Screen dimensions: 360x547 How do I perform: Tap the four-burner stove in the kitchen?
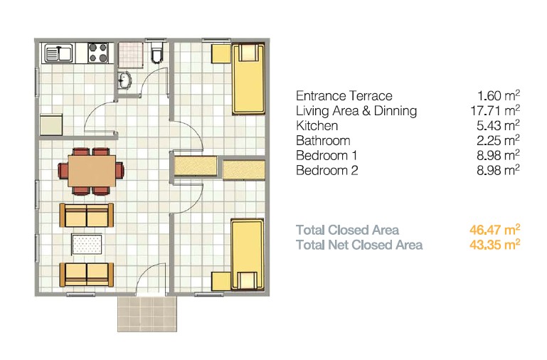tap(98, 52)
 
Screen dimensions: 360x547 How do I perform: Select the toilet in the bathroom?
tap(159, 53)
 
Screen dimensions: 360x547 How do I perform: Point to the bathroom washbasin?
tap(126, 82)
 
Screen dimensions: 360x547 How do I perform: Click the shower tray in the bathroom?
tap(129, 53)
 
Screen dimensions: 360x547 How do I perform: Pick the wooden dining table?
tap(90, 171)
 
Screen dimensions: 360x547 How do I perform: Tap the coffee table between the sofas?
tap(87, 244)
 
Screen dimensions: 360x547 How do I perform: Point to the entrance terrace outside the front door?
tap(146, 312)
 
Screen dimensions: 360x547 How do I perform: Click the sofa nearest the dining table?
tap(86, 214)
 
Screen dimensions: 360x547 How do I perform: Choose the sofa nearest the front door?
tap(86, 273)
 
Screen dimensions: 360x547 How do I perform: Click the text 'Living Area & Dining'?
tap(356, 111)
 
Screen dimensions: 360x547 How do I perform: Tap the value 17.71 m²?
tap(498, 110)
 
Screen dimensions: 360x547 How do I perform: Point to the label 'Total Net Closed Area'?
tap(359, 245)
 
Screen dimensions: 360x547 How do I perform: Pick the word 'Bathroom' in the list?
tap(323, 140)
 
